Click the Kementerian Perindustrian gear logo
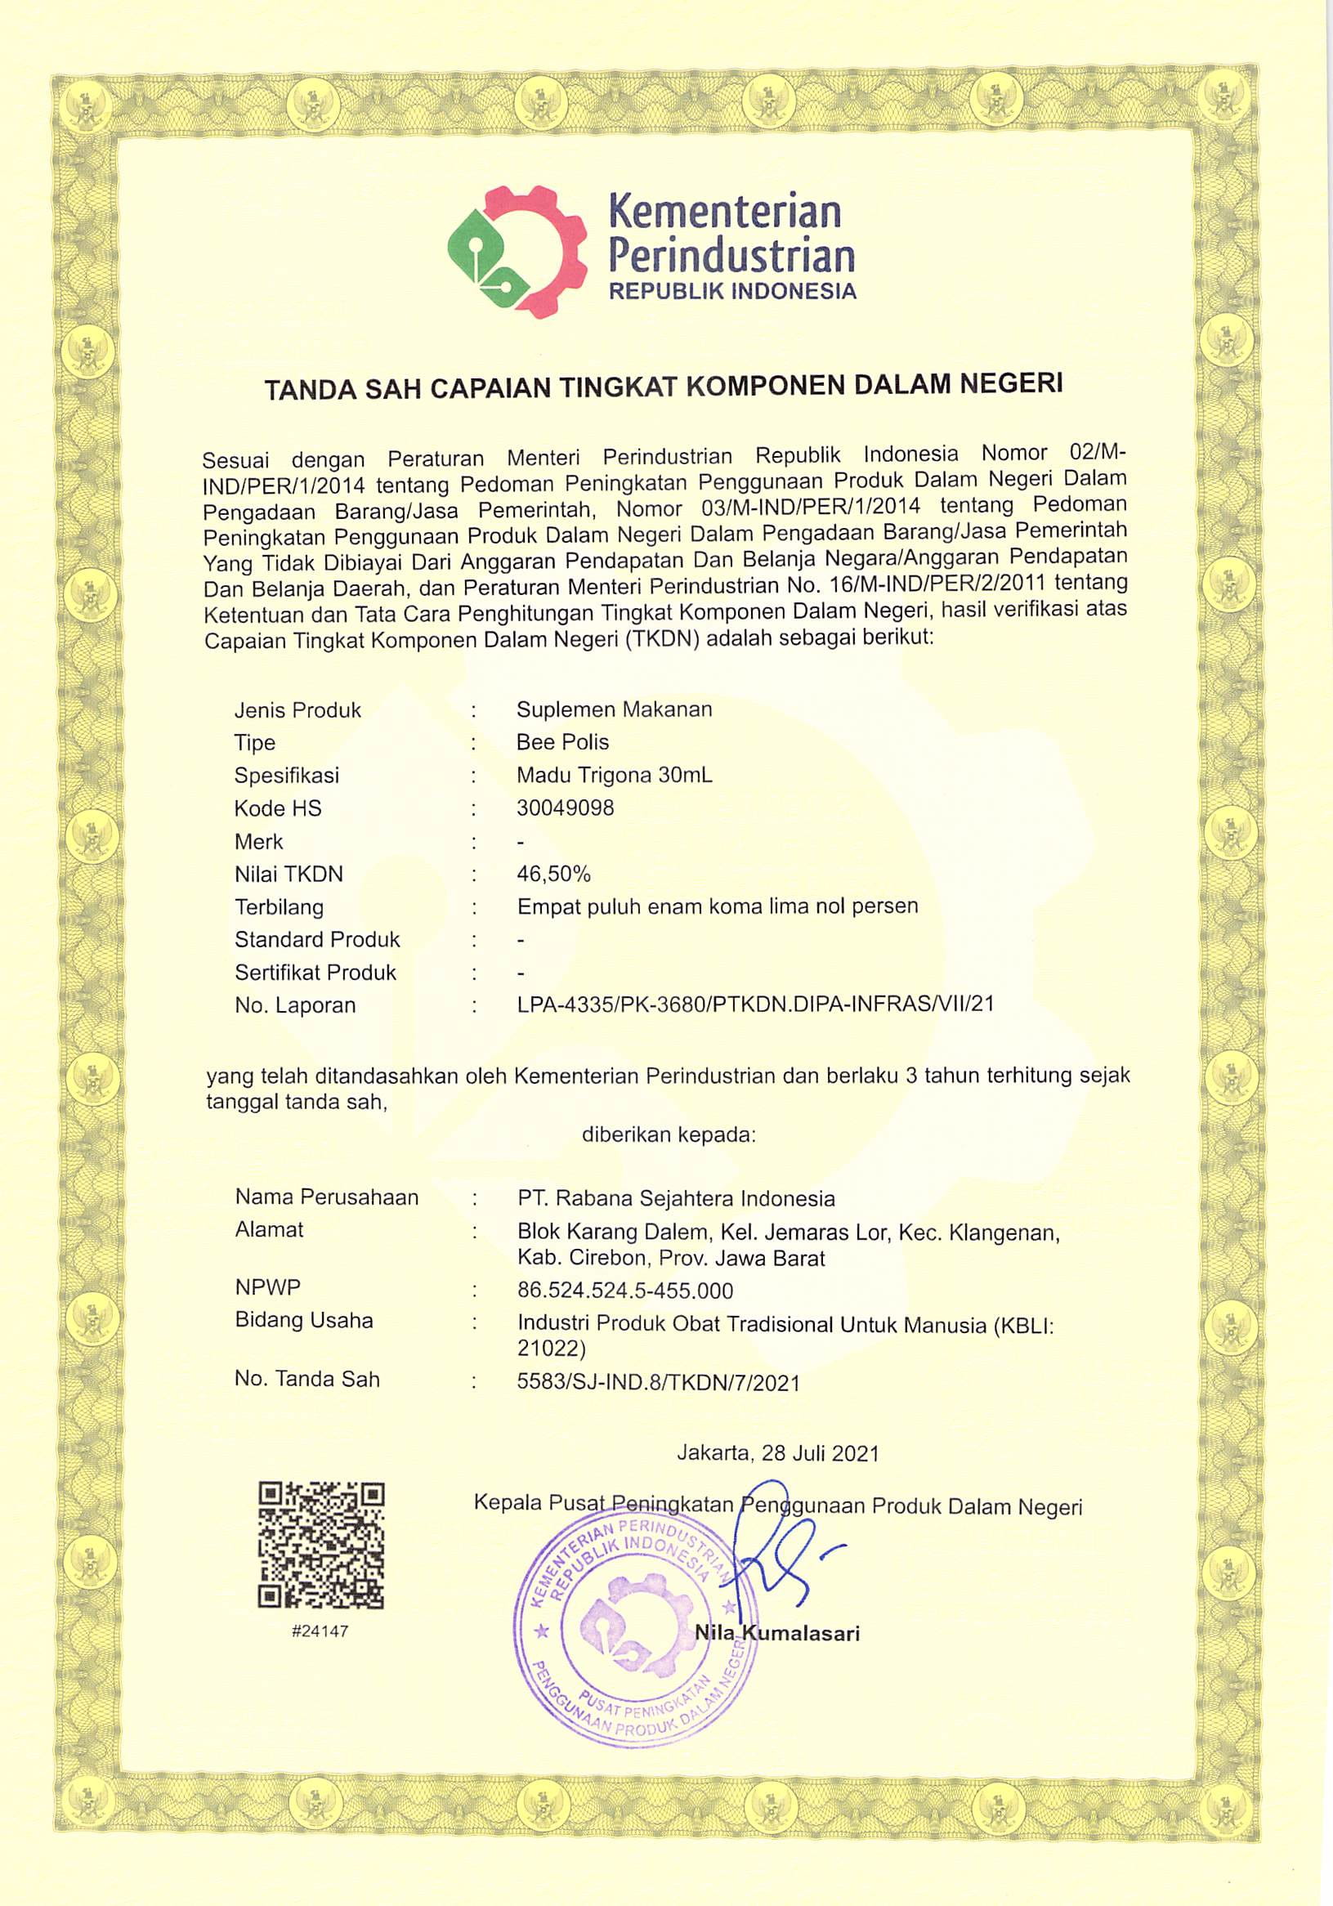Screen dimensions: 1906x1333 click(x=517, y=250)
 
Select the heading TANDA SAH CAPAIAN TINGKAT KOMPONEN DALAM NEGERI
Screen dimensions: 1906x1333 click(x=663, y=386)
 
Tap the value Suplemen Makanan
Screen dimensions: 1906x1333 click(x=615, y=709)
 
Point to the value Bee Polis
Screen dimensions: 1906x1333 click(x=562, y=741)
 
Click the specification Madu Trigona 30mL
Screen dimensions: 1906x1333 click(x=615, y=775)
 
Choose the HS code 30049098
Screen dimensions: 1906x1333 click(x=566, y=808)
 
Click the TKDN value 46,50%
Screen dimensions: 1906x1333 click(x=553, y=873)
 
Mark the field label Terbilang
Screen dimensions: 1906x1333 click(x=279, y=906)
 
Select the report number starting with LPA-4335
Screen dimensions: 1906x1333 click(x=754, y=1004)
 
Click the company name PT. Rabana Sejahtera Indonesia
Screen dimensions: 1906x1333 click(x=676, y=1198)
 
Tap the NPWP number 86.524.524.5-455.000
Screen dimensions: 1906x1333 click(x=625, y=1290)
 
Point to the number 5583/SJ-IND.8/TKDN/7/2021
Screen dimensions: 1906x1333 click(x=658, y=1382)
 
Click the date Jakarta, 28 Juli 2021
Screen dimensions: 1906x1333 click(x=778, y=1452)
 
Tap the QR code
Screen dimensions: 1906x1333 click(x=321, y=1545)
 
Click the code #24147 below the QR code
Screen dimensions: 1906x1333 click(x=320, y=1631)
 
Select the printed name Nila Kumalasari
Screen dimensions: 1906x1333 click(x=777, y=1633)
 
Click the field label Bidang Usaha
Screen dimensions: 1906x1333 click(x=304, y=1320)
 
